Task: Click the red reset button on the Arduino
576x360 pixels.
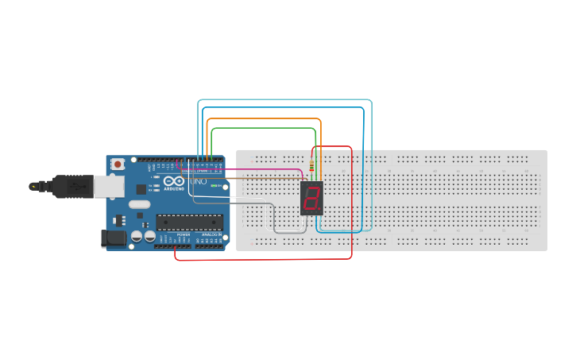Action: (x=118, y=164)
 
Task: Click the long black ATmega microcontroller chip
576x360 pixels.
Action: (x=189, y=222)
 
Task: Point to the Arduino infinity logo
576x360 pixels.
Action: (x=174, y=181)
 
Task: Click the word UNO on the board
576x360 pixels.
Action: (x=199, y=181)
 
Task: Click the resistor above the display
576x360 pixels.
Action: (x=311, y=168)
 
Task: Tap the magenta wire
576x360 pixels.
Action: (x=262, y=168)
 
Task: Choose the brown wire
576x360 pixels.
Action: (x=262, y=179)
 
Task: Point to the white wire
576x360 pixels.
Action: (x=230, y=196)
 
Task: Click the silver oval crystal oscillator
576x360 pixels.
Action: (x=138, y=204)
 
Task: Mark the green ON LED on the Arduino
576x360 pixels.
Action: (x=213, y=186)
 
